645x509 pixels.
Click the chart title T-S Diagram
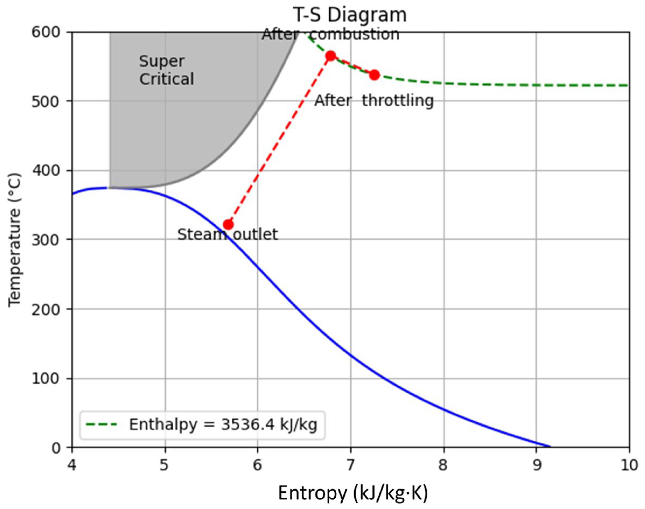(350, 15)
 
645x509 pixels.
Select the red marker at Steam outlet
(228, 224)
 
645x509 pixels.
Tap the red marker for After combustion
(331, 56)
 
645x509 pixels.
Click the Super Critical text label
(166, 70)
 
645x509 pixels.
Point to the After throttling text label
(374, 100)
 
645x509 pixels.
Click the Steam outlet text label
(227, 235)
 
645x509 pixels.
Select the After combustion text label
(330, 34)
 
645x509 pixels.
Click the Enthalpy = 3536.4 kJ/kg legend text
(223, 425)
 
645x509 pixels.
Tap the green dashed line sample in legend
(101, 425)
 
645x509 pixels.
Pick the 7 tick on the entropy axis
(351, 465)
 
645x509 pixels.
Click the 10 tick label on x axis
(629, 465)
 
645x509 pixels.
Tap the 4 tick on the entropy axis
(72, 465)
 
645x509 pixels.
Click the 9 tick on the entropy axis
(536, 465)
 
